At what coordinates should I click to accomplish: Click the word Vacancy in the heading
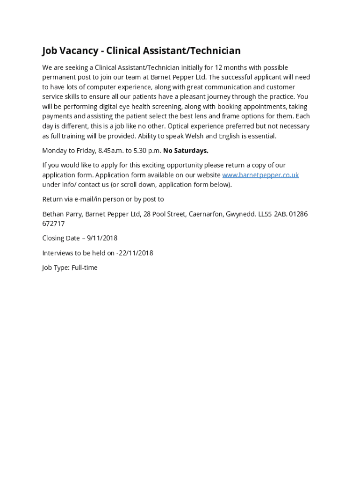pos(80,51)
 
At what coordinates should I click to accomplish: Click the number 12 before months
pos(219,67)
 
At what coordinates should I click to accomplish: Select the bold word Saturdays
pos(190,151)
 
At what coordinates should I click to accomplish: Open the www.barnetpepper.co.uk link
pos(260,175)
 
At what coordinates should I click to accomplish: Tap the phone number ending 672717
pos(53,224)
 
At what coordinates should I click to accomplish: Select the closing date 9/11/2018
pos(102,238)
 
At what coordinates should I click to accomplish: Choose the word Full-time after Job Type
pos(85,268)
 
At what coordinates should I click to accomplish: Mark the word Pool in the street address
pos(162,214)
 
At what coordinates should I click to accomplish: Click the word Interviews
pos(58,253)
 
